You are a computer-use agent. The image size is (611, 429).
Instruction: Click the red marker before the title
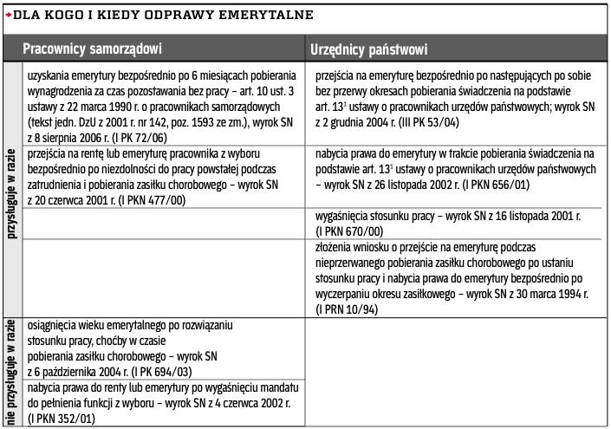pos(8,15)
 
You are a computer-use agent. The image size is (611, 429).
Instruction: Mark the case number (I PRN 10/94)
pos(350,309)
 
